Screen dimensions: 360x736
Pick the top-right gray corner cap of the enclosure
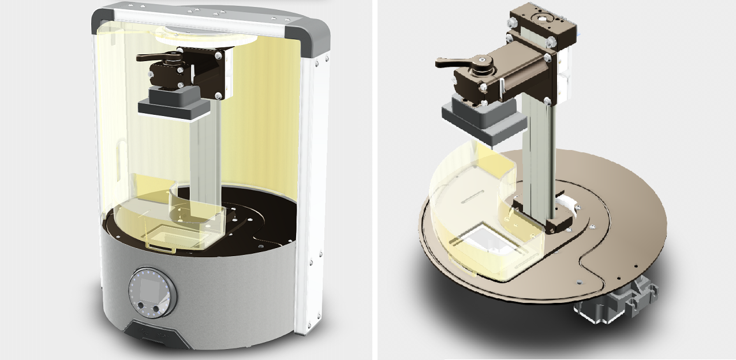[x=315, y=41]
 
